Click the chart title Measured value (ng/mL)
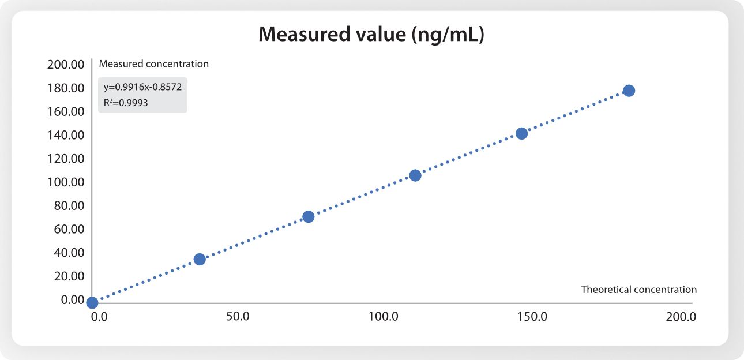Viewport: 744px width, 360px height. click(x=371, y=35)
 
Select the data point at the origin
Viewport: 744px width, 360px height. click(x=92, y=302)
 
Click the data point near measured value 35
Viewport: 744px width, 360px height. click(x=200, y=259)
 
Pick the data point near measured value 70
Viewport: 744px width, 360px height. click(x=308, y=217)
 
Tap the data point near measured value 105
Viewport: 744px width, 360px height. click(x=415, y=175)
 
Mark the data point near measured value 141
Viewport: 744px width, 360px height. click(x=521, y=133)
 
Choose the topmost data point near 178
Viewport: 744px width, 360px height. click(x=629, y=91)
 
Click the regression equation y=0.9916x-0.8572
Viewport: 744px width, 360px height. click(x=142, y=88)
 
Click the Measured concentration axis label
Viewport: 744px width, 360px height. click(x=154, y=64)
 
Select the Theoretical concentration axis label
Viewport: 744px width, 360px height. click(x=638, y=290)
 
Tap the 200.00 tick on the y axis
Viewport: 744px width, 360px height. click(x=66, y=65)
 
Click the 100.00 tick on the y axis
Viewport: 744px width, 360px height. click(x=66, y=182)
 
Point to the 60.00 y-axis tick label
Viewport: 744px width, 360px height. click(x=69, y=229)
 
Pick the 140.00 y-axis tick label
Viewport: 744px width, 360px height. click(x=66, y=135)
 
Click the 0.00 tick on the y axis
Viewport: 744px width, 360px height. click(x=72, y=299)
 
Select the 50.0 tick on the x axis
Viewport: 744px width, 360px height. click(x=238, y=317)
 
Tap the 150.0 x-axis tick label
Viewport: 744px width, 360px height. click(x=532, y=317)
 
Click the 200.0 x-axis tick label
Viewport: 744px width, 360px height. click(x=681, y=317)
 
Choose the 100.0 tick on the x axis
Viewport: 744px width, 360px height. click(x=384, y=317)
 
